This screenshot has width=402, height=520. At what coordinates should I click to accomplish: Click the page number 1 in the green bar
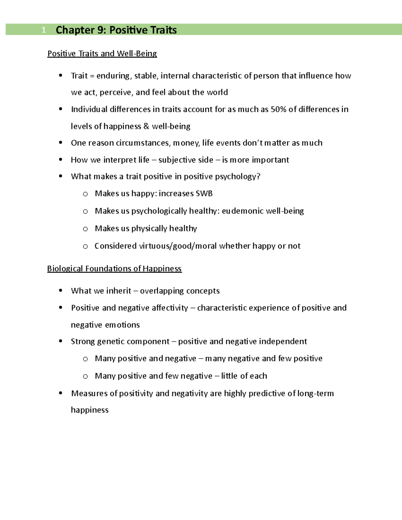(x=44, y=30)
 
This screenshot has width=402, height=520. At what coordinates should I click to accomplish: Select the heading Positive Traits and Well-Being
(x=102, y=54)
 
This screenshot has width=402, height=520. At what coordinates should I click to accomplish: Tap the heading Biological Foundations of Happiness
(x=114, y=269)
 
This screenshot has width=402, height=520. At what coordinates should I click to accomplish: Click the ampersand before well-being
(x=146, y=126)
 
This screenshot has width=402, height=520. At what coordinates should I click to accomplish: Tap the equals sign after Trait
(x=92, y=76)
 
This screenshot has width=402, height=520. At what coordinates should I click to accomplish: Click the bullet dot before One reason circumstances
(x=61, y=143)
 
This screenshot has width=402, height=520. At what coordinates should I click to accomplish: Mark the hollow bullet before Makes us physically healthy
(x=85, y=229)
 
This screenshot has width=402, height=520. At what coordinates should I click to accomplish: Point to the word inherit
(x=119, y=291)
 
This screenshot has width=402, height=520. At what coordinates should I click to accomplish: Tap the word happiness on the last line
(x=90, y=410)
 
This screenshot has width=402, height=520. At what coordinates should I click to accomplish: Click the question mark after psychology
(x=258, y=176)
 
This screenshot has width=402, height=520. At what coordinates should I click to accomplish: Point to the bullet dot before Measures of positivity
(x=61, y=393)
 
